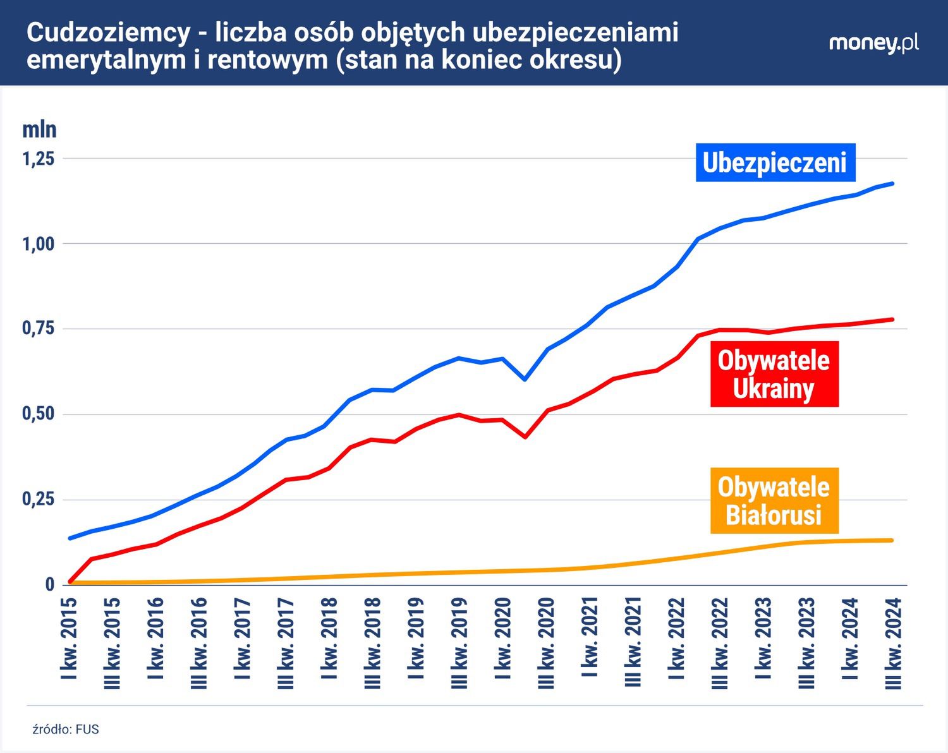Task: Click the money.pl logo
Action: click(873, 44)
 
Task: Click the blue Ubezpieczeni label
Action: click(775, 162)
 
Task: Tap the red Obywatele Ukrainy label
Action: click(774, 374)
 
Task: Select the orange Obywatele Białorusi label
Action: click(774, 501)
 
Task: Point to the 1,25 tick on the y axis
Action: click(39, 159)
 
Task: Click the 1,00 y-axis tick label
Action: click(39, 244)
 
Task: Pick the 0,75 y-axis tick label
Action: click(39, 328)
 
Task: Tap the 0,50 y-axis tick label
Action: click(39, 414)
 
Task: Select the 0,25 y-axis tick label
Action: click(39, 500)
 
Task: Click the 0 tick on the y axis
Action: click(49, 585)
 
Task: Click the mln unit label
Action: click(39, 130)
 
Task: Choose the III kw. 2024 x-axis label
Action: click(892, 643)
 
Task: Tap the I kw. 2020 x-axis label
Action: click(502, 638)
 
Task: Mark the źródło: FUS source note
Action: click(66, 729)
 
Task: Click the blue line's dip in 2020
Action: click(525, 379)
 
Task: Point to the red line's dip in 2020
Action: click(525, 437)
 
